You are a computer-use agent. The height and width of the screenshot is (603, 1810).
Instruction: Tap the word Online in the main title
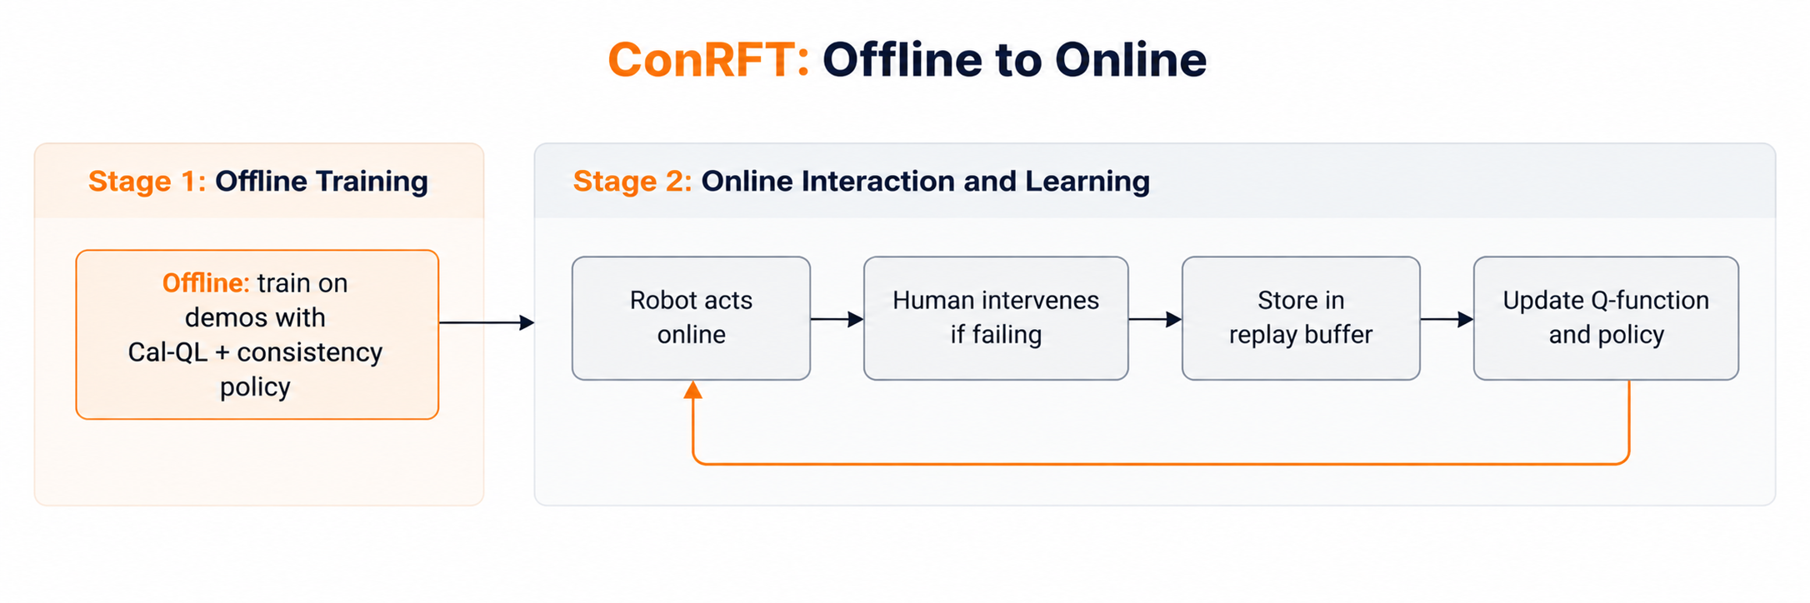click(1131, 60)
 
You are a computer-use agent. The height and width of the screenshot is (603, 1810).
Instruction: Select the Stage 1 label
click(147, 181)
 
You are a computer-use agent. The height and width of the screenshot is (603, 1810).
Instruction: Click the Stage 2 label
click(632, 181)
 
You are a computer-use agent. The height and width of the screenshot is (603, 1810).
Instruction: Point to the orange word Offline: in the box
click(206, 283)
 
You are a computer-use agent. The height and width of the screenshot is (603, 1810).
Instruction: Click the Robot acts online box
click(691, 318)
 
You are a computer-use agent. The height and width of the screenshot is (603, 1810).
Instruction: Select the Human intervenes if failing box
click(996, 318)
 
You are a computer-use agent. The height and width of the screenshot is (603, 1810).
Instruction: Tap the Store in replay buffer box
click(1301, 318)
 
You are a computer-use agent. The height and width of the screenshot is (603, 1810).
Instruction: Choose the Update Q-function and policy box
click(1606, 318)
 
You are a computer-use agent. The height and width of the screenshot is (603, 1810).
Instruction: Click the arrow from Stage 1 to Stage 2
click(487, 322)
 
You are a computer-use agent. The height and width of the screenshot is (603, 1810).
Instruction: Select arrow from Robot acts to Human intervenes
click(837, 319)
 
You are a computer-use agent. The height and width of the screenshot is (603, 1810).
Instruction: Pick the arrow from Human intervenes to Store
click(1156, 319)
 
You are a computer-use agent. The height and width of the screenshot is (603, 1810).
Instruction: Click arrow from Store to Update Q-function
click(1447, 319)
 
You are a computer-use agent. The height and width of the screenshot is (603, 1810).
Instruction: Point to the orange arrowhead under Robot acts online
click(692, 390)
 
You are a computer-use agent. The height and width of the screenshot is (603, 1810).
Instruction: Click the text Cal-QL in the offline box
click(167, 352)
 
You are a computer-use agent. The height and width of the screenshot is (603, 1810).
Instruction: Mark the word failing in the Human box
click(1007, 335)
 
